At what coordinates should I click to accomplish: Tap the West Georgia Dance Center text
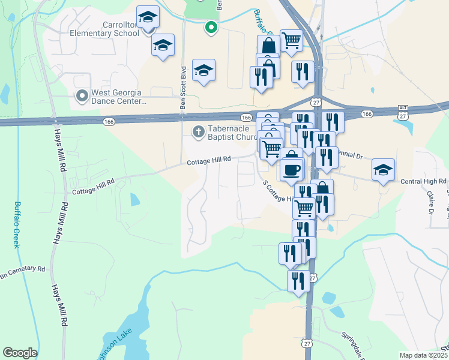(118, 97)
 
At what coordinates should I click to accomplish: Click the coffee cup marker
(292, 170)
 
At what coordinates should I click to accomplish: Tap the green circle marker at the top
(211, 27)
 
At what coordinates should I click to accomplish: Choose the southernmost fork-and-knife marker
(298, 281)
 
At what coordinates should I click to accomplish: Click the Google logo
(20, 352)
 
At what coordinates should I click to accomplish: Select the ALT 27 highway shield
(403, 112)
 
